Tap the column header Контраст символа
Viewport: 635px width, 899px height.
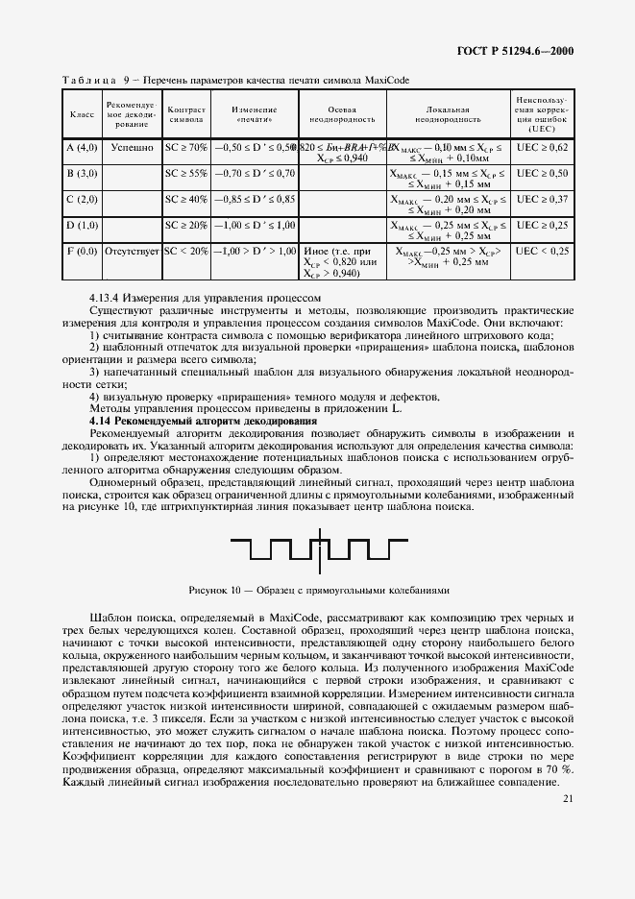185,116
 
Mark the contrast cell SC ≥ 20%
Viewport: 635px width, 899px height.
185,225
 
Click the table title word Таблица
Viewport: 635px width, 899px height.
89,81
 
